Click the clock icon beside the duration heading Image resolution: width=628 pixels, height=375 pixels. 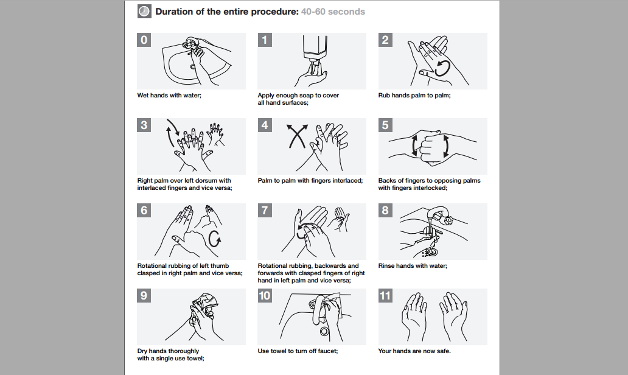pyautogui.click(x=144, y=11)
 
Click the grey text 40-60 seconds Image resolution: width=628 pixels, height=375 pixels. pyautogui.click(x=333, y=12)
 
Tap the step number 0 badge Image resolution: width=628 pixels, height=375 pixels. pyautogui.click(x=144, y=40)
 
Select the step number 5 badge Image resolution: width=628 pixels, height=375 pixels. pyautogui.click(x=385, y=125)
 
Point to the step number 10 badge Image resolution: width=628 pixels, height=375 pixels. pyautogui.click(x=265, y=296)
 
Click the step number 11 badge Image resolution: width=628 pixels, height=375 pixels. pyautogui.click(x=385, y=296)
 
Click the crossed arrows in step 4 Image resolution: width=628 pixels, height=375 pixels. pyautogui.click(x=297, y=136)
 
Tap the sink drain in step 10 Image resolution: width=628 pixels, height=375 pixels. pyautogui.click(x=324, y=331)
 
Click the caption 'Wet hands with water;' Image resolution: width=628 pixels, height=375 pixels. pyautogui.click(x=169, y=96)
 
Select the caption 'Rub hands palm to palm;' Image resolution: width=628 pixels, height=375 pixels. pyautogui.click(x=414, y=96)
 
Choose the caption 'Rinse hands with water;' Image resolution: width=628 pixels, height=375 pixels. pyautogui.click(x=413, y=265)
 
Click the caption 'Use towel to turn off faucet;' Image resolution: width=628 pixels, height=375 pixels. pyautogui.click(x=298, y=351)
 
